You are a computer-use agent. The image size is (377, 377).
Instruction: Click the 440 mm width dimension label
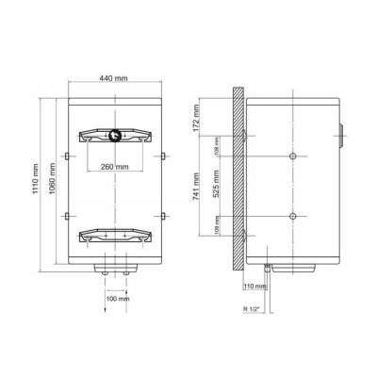[x=114, y=77]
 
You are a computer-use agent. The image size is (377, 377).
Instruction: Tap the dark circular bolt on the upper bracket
[x=116, y=134]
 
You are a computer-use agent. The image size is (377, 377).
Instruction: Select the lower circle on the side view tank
[x=293, y=217]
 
